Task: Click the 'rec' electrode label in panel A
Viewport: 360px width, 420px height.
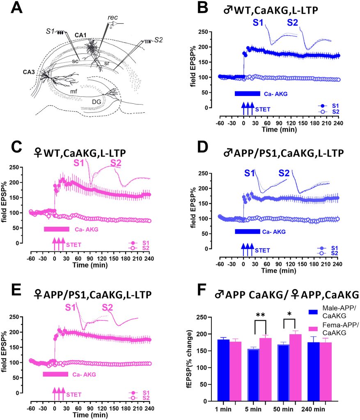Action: (112, 18)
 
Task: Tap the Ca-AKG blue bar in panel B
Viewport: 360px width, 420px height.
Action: (247, 94)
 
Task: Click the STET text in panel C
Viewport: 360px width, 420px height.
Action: (74, 245)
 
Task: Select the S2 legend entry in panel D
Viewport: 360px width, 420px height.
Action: (328, 253)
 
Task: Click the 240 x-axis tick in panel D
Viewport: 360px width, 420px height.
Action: (338, 265)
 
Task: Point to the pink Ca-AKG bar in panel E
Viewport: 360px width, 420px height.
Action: (55, 374)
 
